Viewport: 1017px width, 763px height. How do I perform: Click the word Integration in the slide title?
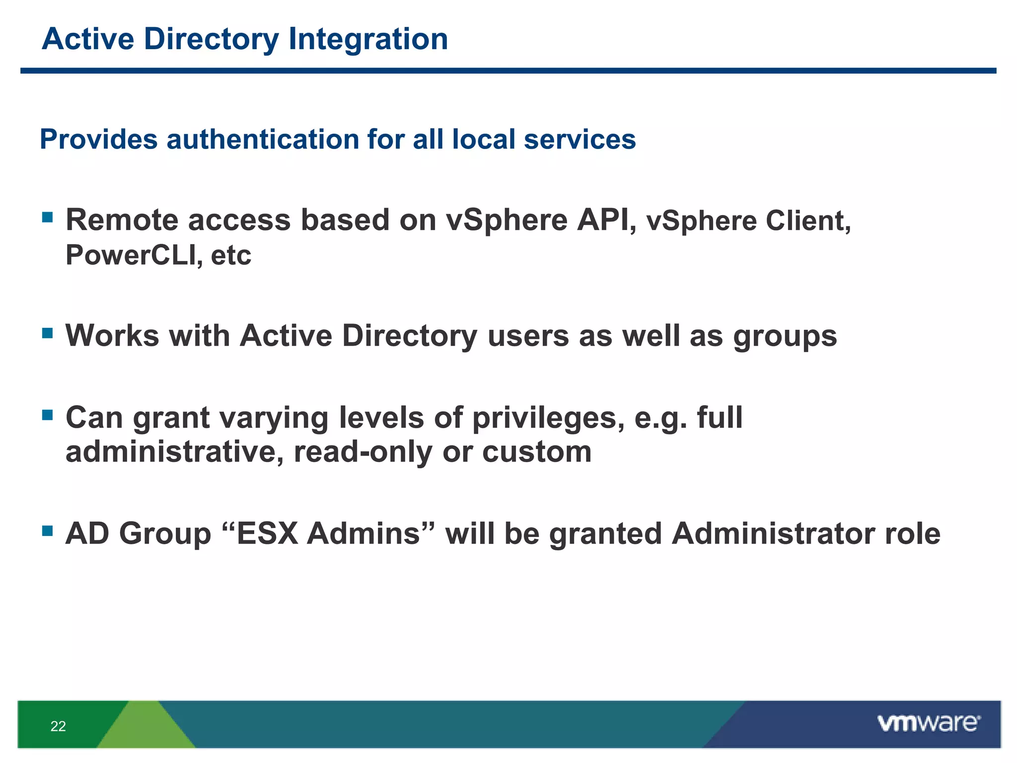(368, 39)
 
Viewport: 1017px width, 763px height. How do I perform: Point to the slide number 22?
(58, 726)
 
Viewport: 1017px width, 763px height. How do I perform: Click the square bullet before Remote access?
(48, 217)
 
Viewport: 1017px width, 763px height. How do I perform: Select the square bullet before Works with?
(48, 333)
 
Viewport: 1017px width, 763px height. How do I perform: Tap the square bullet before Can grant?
(48, 415)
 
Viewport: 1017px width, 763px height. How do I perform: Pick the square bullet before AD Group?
(48, 531)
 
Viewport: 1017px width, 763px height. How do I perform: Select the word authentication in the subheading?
(262, 140)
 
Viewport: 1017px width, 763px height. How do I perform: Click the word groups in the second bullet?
(785, 337)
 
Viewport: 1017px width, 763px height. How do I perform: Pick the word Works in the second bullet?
(112, 336)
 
